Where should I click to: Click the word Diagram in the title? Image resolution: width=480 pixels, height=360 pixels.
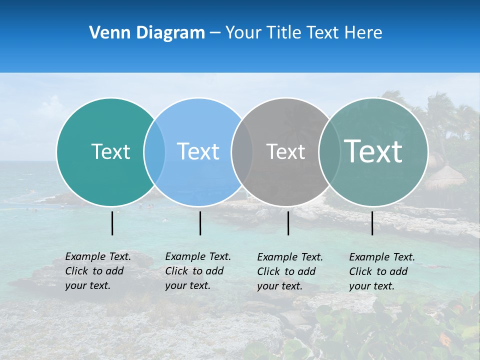point(170,33)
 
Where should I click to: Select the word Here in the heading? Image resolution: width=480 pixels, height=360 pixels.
point(363,33)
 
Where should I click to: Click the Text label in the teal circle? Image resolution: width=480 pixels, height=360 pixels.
point(110,151)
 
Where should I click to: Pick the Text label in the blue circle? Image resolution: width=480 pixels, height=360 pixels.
point(198,151)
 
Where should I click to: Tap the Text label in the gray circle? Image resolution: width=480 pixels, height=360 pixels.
point(285,151)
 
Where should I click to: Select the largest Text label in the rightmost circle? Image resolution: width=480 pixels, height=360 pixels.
point(373,151)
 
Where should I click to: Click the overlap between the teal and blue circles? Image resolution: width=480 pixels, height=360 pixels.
point(154,151)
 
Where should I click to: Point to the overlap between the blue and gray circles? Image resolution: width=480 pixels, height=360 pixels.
point(242,151)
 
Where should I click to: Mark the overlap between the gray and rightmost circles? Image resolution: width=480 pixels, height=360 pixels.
point(329,151)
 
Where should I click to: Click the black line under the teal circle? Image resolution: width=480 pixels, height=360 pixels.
point(112,223)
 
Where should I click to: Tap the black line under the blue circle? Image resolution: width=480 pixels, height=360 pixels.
point(200,223)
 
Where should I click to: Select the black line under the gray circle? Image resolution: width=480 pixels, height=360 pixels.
point(288,223)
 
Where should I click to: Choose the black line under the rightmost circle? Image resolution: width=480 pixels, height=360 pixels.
point(372,223)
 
